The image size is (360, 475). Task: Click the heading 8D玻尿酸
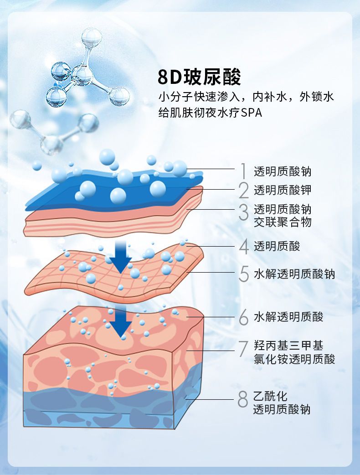tap(200, 77)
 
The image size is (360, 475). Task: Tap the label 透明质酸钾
tap(283, 190)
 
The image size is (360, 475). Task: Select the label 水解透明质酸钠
tap(294, 274)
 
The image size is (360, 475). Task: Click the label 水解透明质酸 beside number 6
tap(288, 317)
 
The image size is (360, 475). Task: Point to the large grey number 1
tap(243, 171)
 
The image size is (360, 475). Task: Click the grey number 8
tap(243, 399)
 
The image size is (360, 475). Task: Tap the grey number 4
tap(244, 247)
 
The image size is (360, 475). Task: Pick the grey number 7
tap(243, 349)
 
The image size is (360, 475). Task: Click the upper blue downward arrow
tap(120, 257)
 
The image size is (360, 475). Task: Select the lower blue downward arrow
tap(121, 322)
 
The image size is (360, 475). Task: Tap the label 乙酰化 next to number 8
tap(270, 396)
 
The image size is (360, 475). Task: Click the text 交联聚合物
tap(283, 222)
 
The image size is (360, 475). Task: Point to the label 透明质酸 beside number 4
tap(277, 246)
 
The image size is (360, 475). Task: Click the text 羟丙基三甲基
tap(288, 346)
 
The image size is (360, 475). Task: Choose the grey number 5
tap(244, 274)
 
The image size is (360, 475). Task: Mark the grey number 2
tap(244, 191)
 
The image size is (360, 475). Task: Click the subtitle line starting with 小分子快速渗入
tap(246, 97)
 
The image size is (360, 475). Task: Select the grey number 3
tap(244, 212)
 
